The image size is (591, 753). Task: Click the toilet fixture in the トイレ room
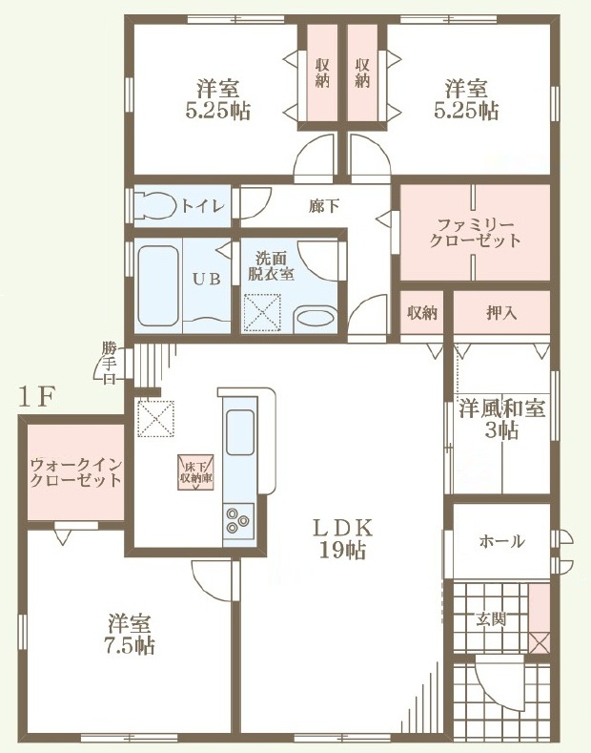point(154,205)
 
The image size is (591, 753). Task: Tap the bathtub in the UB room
point(158,285)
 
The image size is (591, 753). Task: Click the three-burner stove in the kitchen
point(239,520)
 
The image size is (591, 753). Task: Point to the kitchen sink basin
point(240,432)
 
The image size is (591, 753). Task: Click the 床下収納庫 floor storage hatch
point(196,472)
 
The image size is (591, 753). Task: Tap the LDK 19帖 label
point(343,539)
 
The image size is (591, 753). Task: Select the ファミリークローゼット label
point(475,233)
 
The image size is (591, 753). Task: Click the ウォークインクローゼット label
point(76,472)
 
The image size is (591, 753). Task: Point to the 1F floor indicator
point(37,397)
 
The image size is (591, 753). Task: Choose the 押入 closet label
point(501,313)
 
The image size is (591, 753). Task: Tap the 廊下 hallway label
point(324,206)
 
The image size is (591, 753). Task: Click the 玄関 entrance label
point(491,619)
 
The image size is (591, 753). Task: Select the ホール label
point(501,542)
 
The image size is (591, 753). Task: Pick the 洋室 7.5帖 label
point(130,634)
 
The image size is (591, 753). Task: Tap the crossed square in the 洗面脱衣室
point(262,313)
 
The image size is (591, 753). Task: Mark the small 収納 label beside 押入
point(422,313)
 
